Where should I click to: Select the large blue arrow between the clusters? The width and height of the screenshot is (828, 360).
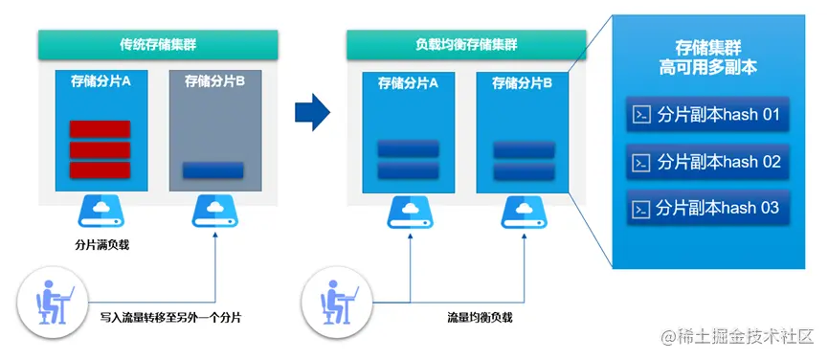pyautogui.click(x=311, y=113)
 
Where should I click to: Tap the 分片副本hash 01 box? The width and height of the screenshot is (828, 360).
pyautogui.click(x=707, y=116)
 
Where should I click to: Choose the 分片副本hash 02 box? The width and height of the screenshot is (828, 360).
pyautogui.click(x=707, y=162)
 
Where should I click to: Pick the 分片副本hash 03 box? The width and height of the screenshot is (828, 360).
pyautogui.click(x=707, y=207)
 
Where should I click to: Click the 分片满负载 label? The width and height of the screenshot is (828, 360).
pyautogui.click(x=101, y=244)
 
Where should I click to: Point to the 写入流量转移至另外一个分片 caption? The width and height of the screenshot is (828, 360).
pyautogui.click(x=170, y=315)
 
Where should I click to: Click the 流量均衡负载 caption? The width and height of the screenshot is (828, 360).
pyautogui.click(x=480, y=315)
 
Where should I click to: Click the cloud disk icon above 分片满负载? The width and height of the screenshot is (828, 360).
pyautogui.click(x=101, y=212)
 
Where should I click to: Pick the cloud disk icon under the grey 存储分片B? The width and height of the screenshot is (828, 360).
pyautogui.click(x=214, y=212)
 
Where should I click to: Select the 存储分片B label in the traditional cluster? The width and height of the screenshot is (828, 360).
pyautogui.click(x=214, y=81)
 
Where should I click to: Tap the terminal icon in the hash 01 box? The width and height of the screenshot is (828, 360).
pyautogui.click(x=640, y=116)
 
